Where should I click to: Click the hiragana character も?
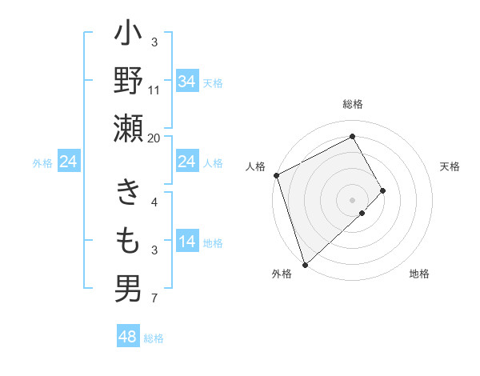(128, 241)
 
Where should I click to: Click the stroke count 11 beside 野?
(154, 90)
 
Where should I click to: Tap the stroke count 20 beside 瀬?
(154, 138)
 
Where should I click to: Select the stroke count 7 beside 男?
(154, 299)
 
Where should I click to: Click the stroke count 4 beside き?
(154, 202)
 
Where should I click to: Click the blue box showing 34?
(186, 82)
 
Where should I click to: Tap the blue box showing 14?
(186, 242)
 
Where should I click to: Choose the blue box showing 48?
(127, 337)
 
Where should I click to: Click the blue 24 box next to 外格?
(68, 162)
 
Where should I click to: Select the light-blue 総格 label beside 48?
(154, 338)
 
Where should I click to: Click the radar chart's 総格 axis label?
(353, 105)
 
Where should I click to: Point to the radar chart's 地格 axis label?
(419, 274)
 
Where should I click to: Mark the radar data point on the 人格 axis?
(276, 175)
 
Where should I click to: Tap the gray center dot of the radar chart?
(352, 199)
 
